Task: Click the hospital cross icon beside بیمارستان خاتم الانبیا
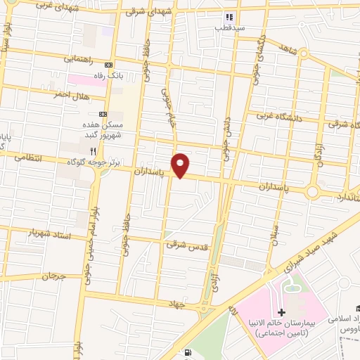(282, 311)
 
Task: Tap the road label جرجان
(53, 277)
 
